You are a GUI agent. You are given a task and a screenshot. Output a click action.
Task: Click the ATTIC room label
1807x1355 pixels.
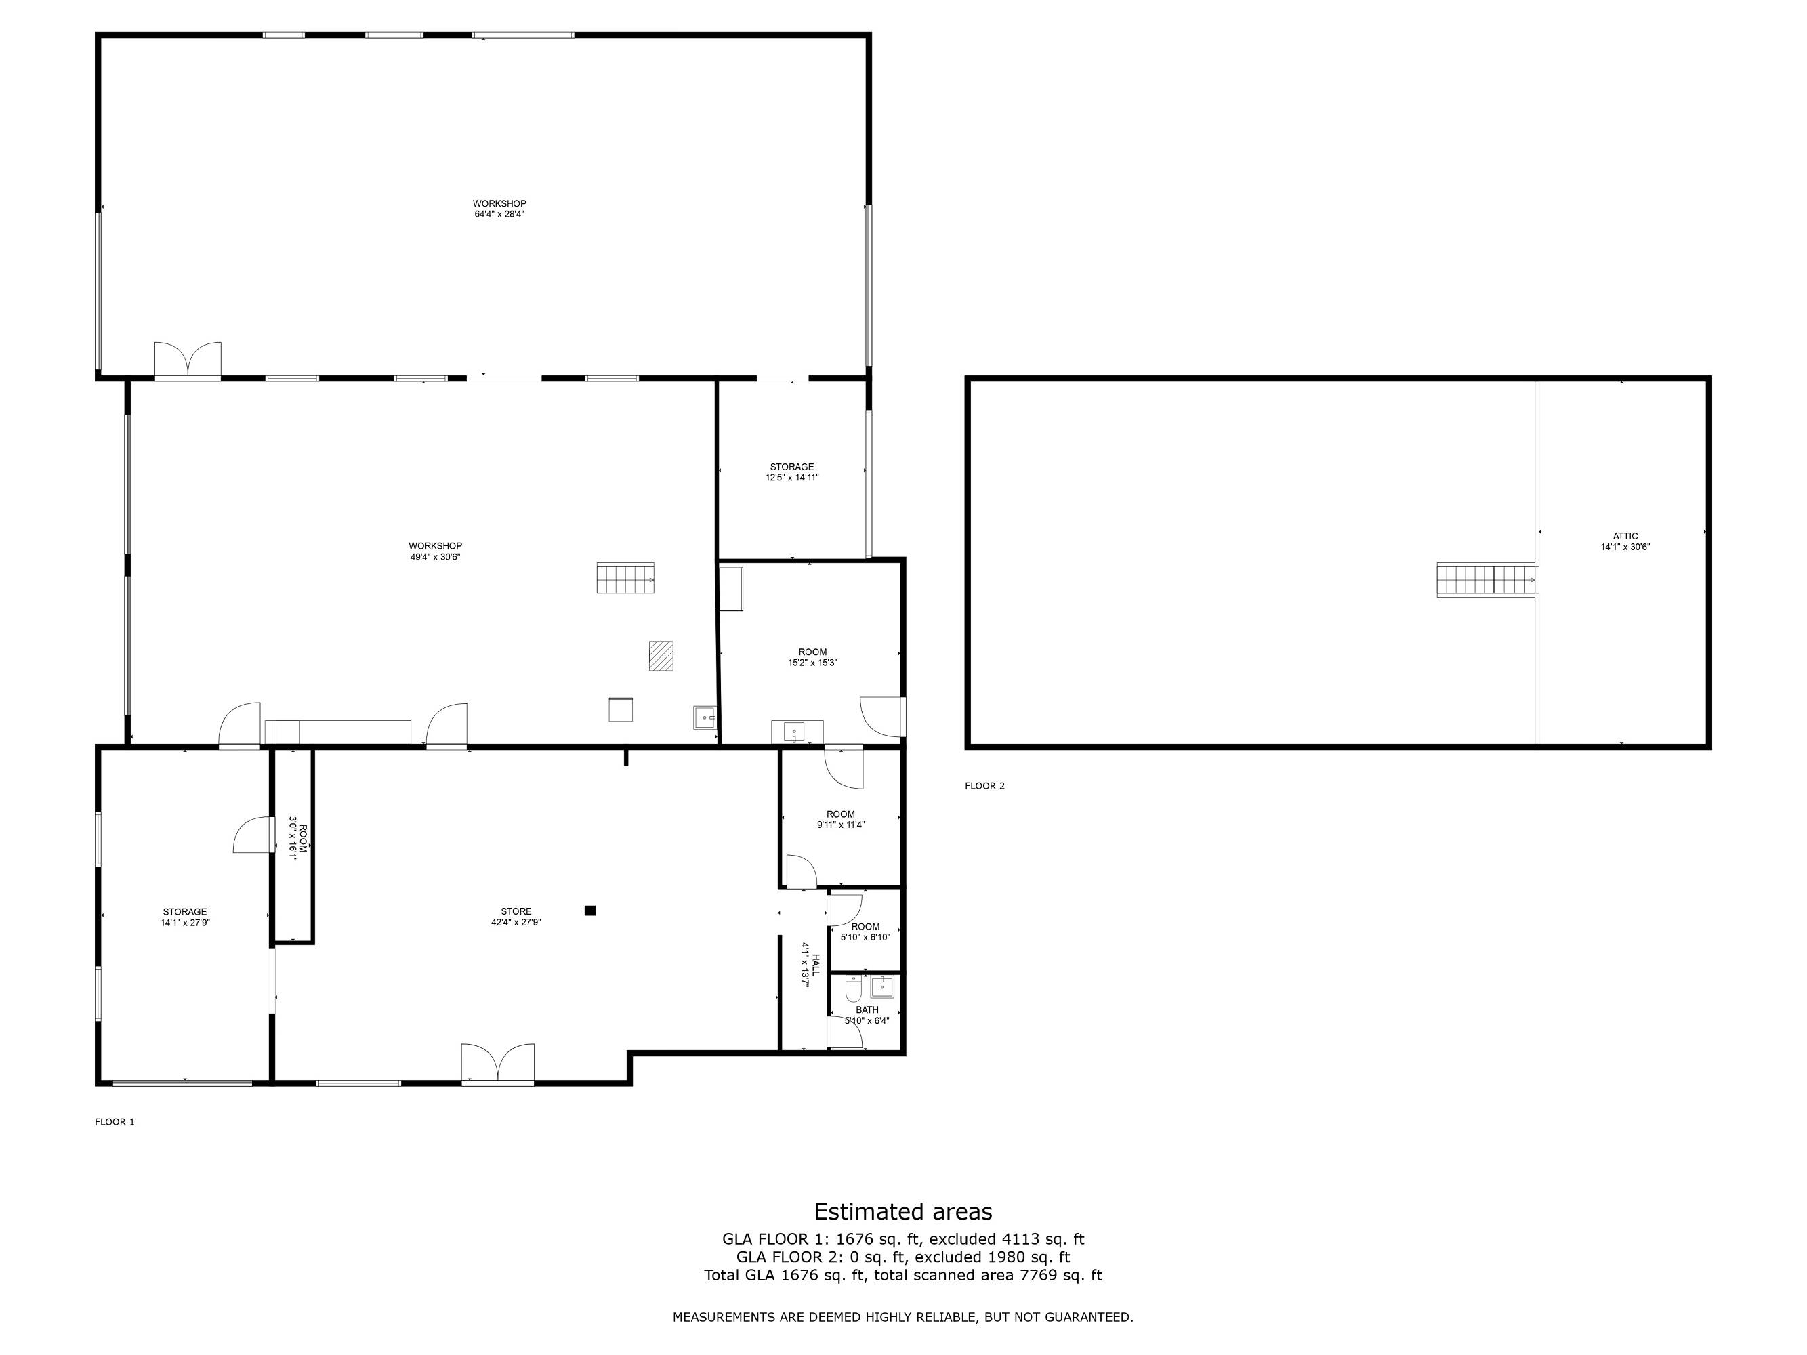click(1625, 537)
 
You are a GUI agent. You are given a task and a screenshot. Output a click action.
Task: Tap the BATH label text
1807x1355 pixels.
click(867, 1010)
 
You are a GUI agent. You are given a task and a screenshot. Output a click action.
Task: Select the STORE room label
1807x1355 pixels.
click(516, 911)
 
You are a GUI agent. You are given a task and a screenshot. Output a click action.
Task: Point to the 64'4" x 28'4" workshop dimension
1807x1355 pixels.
click(499, 214)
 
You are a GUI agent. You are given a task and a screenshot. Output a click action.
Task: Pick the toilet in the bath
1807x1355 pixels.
click(853, 990)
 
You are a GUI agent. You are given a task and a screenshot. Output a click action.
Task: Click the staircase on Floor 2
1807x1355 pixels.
click(1486, 581)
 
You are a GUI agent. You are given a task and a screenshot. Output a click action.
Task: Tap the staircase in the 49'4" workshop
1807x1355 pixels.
click(626, 577)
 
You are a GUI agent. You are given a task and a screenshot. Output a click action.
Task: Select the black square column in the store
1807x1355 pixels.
click(590, 911)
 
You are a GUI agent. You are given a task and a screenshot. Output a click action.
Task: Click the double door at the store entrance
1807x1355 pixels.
click(497, 1064)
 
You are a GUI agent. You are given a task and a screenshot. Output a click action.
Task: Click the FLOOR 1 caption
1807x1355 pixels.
click(115, 1122)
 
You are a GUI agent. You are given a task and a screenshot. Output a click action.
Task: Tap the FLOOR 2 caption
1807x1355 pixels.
click(984, 786)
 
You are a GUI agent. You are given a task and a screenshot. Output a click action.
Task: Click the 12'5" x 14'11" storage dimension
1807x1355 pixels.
click(791, 478)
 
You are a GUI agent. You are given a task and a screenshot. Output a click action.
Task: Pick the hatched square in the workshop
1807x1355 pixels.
click(661, 656)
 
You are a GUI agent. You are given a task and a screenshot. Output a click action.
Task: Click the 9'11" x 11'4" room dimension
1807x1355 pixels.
click(841, 825)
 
